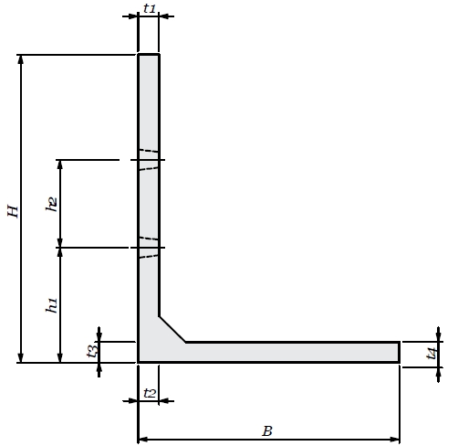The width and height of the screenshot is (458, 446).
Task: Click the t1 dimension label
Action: (x=150, y=8)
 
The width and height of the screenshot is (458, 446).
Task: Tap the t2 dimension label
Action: (x=150, y=393)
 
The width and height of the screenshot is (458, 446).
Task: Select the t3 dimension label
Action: (x=92, y=350)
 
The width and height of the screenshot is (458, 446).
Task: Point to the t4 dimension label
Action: (x=432, y=354)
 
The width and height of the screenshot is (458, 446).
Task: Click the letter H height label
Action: (x=13, y=211)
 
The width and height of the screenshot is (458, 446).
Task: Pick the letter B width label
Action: (x=267, y=431)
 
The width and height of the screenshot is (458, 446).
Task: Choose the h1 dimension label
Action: (x=52, y=305)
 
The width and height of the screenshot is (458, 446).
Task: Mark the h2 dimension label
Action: (x=52, y=204)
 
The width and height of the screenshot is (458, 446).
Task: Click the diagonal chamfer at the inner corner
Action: (x=172, y=330)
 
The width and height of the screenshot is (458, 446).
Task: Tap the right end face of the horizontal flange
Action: (x=399, y=352)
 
